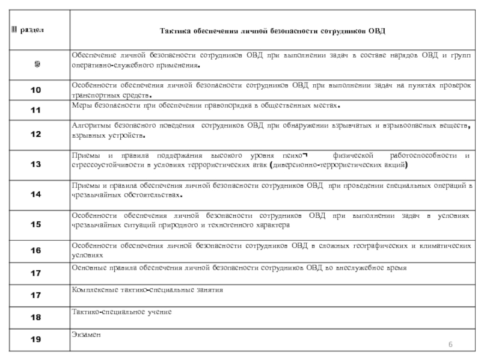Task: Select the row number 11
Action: tap(36, 110)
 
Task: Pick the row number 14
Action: tap(36, 194)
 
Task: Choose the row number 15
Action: tap(36, 224)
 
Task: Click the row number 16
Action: tap(36, 250)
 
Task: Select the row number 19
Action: tap(36, 339)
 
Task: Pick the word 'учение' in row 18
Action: tap(159, 312)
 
